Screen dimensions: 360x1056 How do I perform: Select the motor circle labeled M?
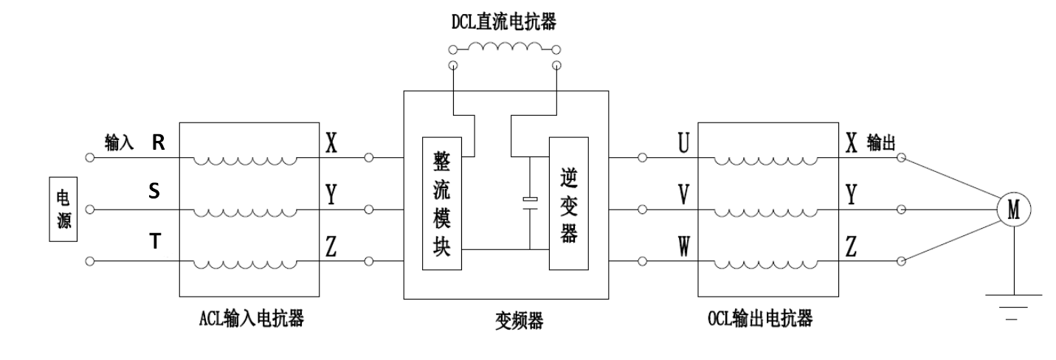coord(1013,210)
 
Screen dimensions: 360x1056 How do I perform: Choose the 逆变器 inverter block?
coord(568,204)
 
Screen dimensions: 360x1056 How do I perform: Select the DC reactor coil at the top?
coord(504,47)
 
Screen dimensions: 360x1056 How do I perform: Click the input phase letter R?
coord(158,143)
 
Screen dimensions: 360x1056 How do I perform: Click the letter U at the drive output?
coord(683,143)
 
